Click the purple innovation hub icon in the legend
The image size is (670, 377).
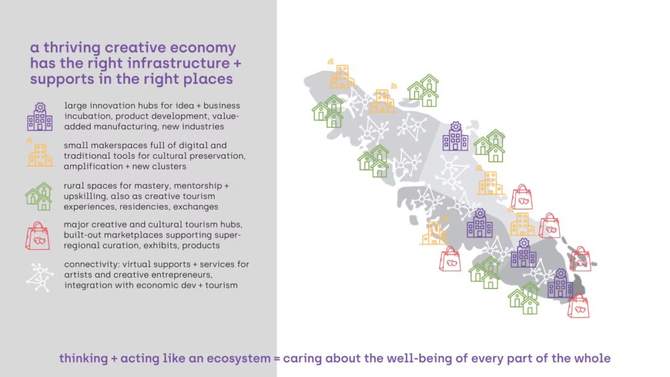pos(40,117)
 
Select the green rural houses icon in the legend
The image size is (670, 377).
pos(39,197)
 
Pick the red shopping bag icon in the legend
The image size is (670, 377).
pos(38,236)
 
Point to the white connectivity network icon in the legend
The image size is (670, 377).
pos(40,277)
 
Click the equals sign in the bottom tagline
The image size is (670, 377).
pos(277,358)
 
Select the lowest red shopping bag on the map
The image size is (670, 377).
pos(579,306)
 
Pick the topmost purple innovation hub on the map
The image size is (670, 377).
pos(455,136)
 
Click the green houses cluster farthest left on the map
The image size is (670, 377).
pos(328,111)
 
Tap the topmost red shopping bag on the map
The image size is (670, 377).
pos(522,197)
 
